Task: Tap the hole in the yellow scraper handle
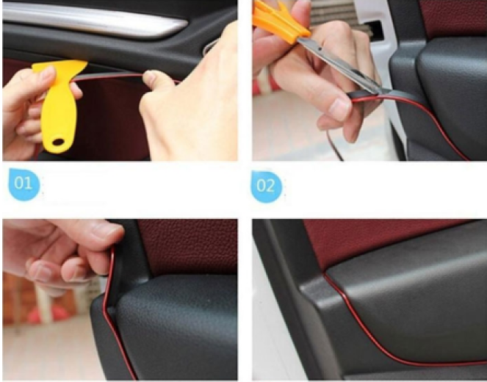coord(57,143)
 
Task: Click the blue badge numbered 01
coord(24,184)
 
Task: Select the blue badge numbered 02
coord(266,186)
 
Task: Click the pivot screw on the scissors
coord(320,48)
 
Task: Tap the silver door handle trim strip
coord(93,18)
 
